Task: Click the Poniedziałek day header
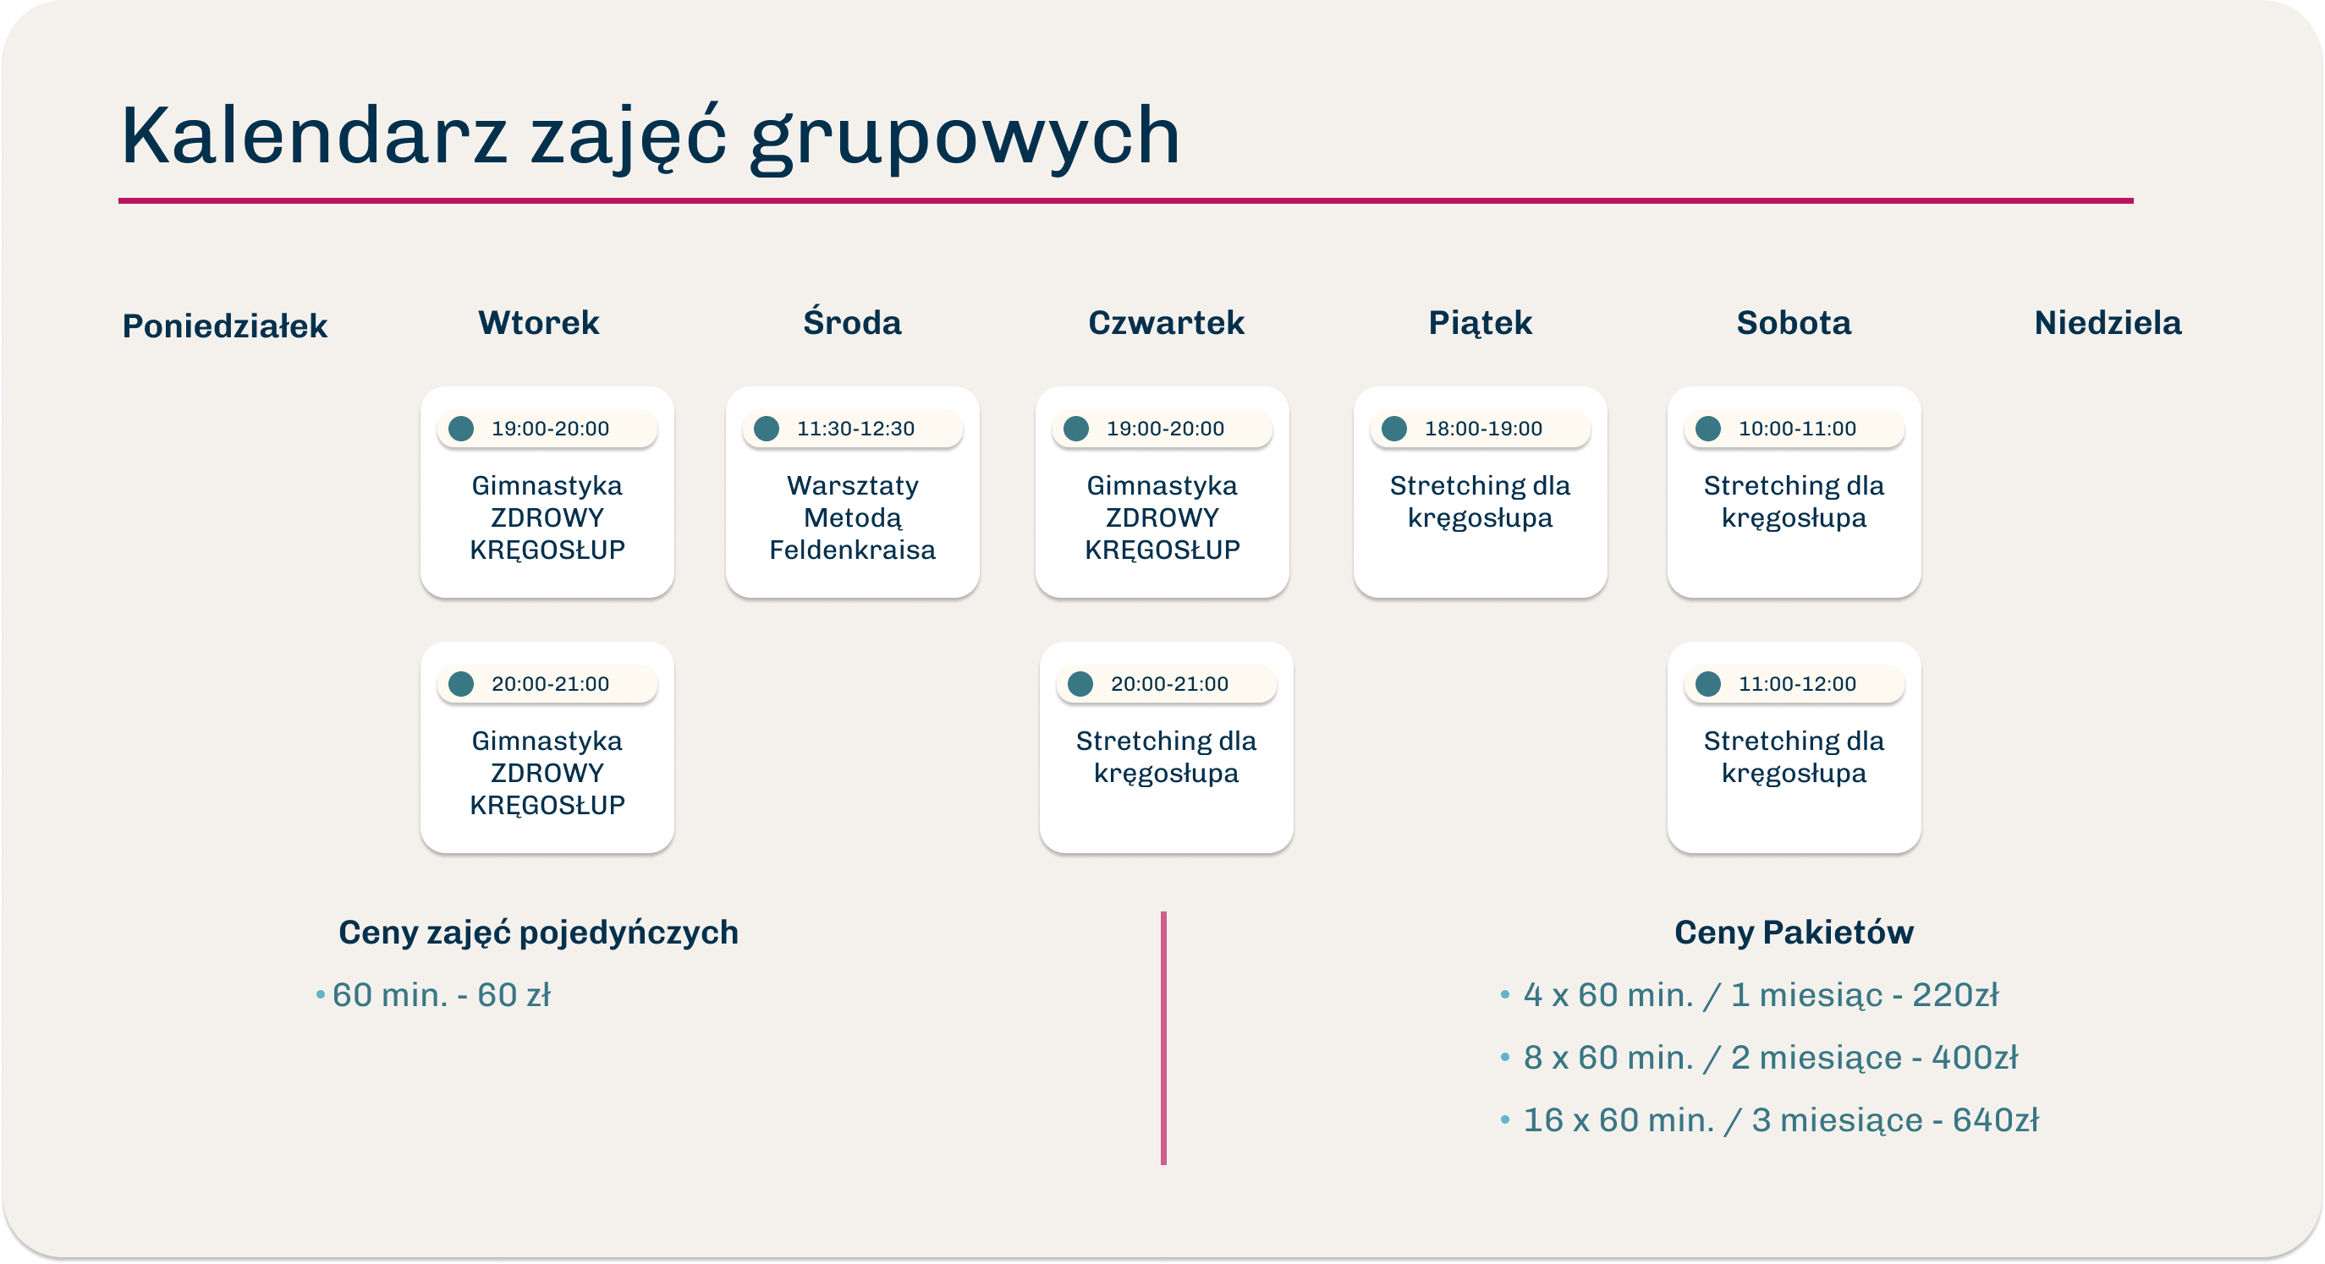click(x=225, y=326)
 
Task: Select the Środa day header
click(x=852, y=321)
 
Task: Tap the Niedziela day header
click(x=2108, y=323)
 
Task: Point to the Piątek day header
click(x=1481, y=323)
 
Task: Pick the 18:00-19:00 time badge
click(x=1481, y=429)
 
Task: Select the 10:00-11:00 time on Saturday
click(x=1797, y=429)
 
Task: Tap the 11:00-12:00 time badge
click(x=1795, y=684)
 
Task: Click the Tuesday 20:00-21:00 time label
click(x=550, y=684)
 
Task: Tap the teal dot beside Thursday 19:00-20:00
click(x=1076, y=429)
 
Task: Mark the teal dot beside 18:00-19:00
click(x=1394, y=429)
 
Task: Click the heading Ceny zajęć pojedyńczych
click(x=539, y=932)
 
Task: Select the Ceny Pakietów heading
click(x=1794, y=932)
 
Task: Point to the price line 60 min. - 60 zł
click(x=433, y=995)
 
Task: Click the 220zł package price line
click(x=1749, y=995)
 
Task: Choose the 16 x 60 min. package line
click(x=1769, y=1119)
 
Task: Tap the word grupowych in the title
click(x=965, y=137)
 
